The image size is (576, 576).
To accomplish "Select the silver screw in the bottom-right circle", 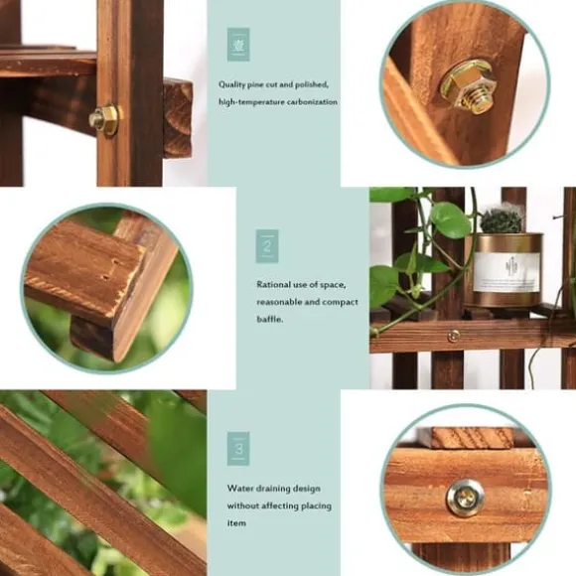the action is pyautogui.click(x=465, y=499).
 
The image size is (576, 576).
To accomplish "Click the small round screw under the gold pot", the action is pyautogui.click(x=453, y=336).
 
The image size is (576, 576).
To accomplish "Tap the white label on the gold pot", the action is pyautogui.click(x=506, y=272).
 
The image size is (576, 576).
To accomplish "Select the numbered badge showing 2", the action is pyautogui.click(x=267, y=246).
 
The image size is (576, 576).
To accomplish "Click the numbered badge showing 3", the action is pyautogui.click(x=238, y=449).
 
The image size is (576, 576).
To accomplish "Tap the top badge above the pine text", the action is pyautogui.click(x=238, y=44).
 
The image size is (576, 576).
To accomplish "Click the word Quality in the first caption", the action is pyautogui.click(x=231, y=84).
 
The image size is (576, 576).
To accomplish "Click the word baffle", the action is pyautogui.click(x=270, y=319).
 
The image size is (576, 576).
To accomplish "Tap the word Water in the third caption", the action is pyautogui.click(x=239, y=489).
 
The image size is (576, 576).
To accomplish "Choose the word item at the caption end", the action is pyautogui.click(x=235, y=522).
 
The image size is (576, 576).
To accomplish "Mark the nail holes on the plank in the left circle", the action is pyautogui.click(x=111, y=270).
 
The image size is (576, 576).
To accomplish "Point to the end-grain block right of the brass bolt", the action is pyautogui.click(x=178, y=117).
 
